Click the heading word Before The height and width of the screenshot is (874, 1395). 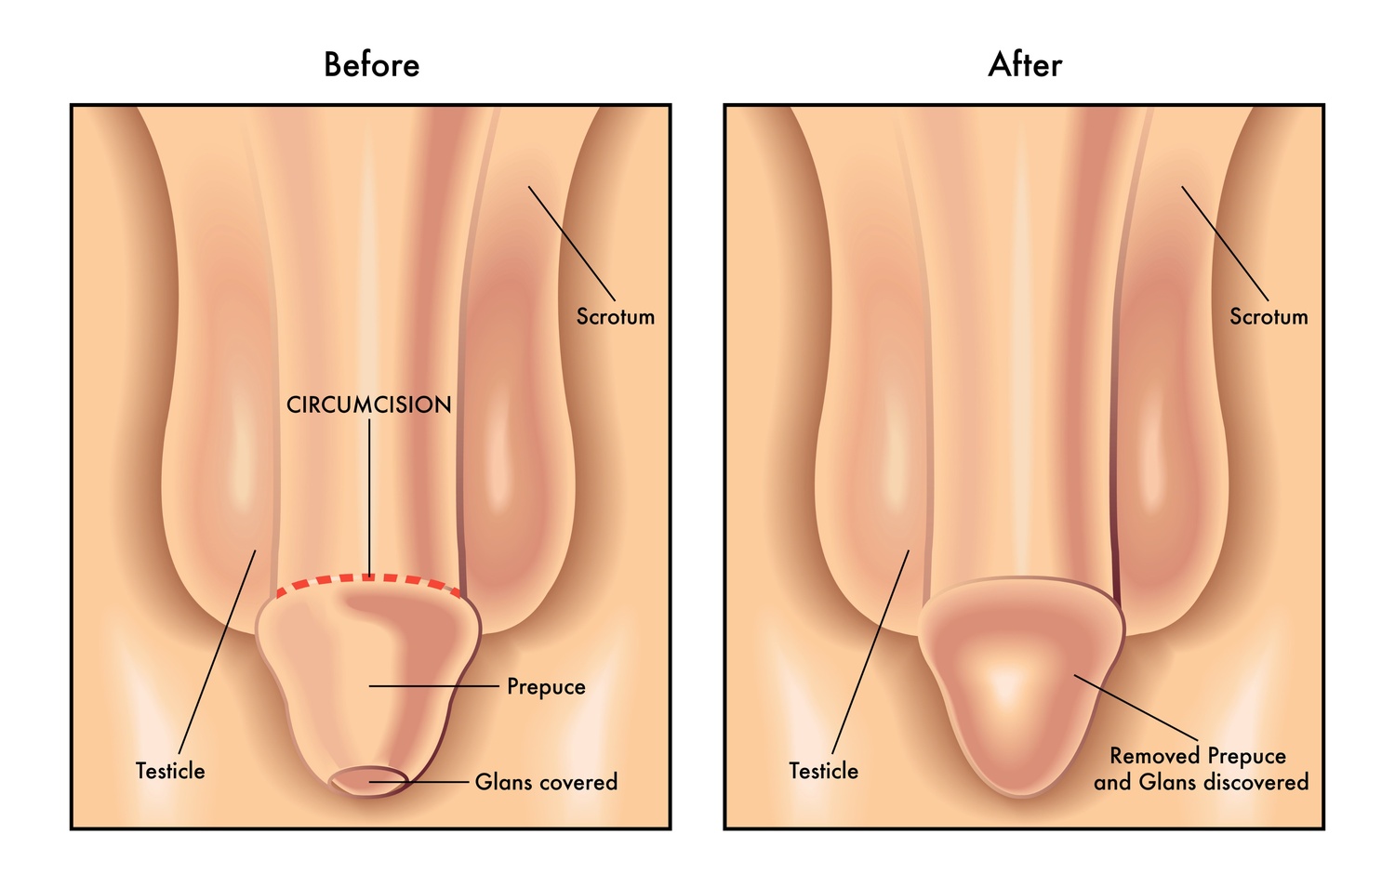coord(372,65)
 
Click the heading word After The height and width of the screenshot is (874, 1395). coord(1025,65)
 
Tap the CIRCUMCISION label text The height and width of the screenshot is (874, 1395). coord(368,405)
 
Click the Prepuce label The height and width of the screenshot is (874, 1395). coord(546,687)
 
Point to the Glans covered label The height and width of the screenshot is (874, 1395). coord(546,782)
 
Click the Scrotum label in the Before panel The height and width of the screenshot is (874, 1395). coord(616,317)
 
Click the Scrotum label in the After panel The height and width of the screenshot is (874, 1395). coord(1269,317)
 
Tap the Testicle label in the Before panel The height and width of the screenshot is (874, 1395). coord(170,772)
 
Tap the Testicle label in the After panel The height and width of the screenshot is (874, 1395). coord(824,772)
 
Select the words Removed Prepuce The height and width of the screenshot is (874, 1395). coord(1198,756)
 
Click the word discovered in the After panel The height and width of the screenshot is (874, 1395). coord(1256,782)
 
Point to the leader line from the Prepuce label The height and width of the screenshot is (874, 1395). coord(434,686)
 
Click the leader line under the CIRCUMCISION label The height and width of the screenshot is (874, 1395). coord(369,498)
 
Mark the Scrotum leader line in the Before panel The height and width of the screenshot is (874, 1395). coord(572,244)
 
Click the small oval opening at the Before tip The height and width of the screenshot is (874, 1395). coord(368,782)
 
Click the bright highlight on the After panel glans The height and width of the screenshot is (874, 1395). coord(1003,683)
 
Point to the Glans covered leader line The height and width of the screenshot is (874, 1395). coord(419,781)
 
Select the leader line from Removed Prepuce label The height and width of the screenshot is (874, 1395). coord(1136,708)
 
